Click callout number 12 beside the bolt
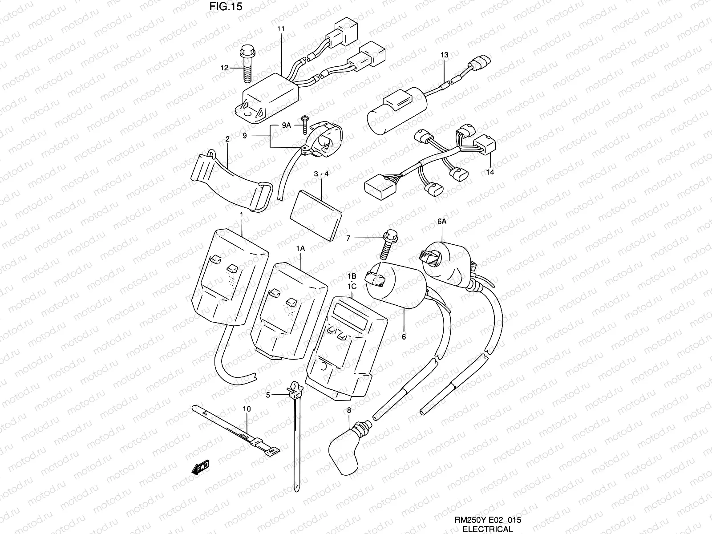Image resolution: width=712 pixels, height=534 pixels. (224, 68)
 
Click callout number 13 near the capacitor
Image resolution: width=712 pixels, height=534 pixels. (445, 55)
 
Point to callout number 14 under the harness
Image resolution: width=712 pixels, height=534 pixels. (490, 171)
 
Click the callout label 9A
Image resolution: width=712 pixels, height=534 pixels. (287, 125)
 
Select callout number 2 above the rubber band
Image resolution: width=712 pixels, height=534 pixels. (227, 139)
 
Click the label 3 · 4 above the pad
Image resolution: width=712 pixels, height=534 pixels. (321, 174)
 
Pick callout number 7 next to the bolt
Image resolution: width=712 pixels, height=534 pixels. (348, 239)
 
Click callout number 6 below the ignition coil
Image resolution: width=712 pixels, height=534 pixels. (404, 337)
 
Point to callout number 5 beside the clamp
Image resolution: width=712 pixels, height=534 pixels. (268, 394)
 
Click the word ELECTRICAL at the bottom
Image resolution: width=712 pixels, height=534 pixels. (488, 529)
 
